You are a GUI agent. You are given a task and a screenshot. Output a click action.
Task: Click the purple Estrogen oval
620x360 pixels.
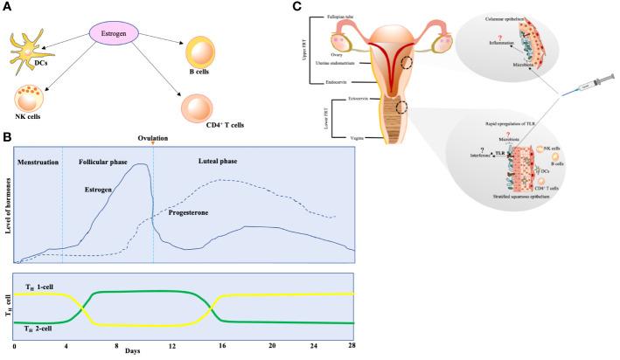[117, 35]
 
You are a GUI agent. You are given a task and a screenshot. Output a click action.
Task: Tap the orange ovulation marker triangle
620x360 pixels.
[153, 145]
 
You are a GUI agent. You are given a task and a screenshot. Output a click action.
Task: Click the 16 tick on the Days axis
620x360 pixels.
[223, 347]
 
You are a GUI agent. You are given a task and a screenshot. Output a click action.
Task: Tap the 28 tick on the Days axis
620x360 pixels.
[352, 347]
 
